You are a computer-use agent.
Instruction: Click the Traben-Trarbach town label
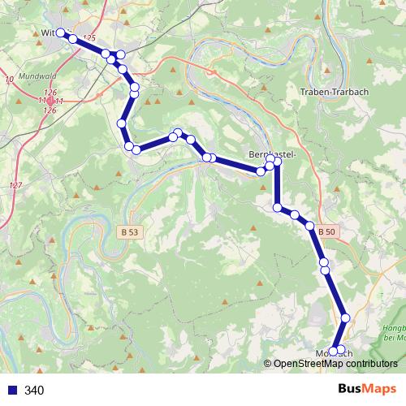pyautogui.click(x=335, y=92)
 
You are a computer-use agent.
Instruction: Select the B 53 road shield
pyautogui.click(x=128, y=231)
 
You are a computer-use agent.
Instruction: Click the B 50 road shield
pyautogui.click(x=326, y=232)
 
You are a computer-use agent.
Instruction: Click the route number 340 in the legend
pyautogui.click(x=34, y=391)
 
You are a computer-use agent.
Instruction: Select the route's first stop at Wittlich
pyautogui.click(x=60, y=33)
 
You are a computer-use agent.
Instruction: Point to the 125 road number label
pyautogui.click(x=89, y=39)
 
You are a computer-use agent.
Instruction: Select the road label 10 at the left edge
pyautogui.click(x=8, y=79)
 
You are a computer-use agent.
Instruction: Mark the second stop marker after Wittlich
pyautogui.click(x=106, y=54)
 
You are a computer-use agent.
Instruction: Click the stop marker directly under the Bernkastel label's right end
pyautogui.click(x=277, y=162)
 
